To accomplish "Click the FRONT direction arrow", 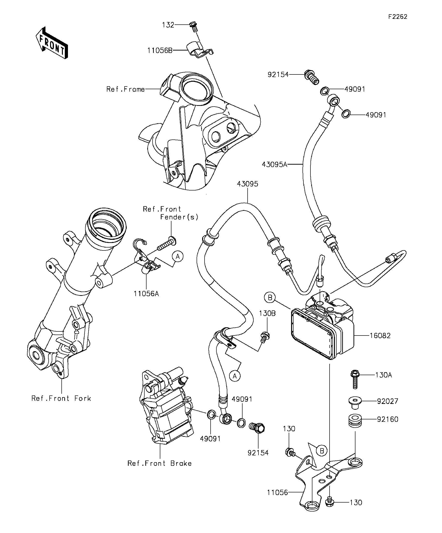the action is coord(52,43).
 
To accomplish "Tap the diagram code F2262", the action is coord(398,17).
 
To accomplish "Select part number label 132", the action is coord(168,25).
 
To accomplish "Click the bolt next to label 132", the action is coord(194,27).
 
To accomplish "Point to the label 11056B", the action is coord(160,51).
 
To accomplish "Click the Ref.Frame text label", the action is coord(126,89).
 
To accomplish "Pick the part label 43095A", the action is coord(274,164).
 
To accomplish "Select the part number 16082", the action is coord(380,336).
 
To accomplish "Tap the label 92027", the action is coord(388,401).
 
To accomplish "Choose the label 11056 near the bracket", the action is coord(278,493).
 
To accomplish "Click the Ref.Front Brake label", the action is coord(159,463).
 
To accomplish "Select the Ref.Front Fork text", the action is coord(61,398).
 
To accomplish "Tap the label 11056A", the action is coord(147,294).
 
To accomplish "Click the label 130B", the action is coord(267,314).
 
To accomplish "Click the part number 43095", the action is coord(248,184).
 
